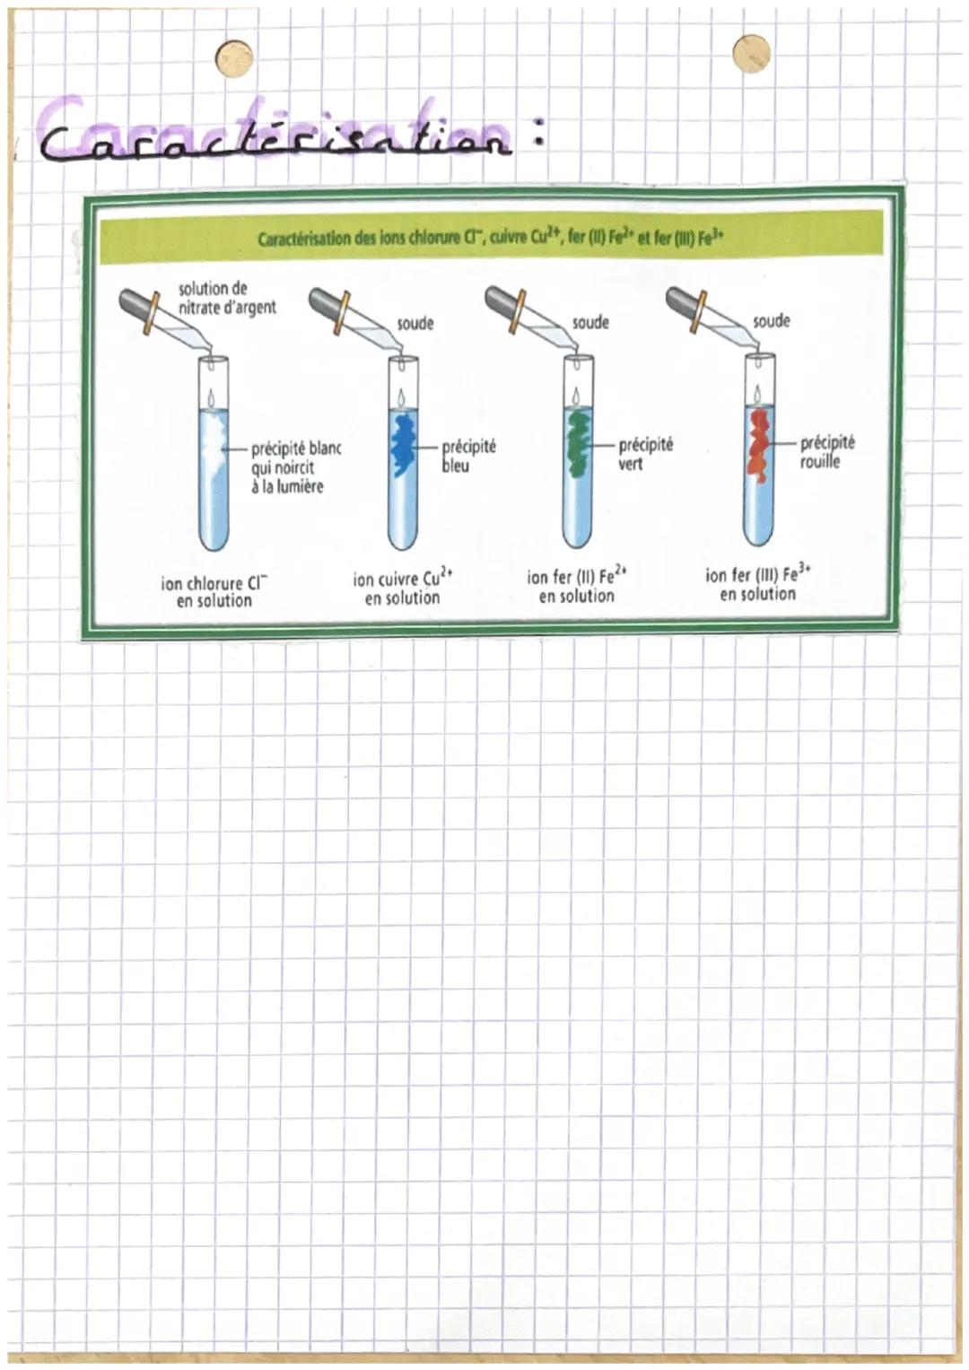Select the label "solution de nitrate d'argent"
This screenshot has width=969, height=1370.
click(x=227, y=298)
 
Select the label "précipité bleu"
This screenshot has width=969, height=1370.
click(x=468, y=456)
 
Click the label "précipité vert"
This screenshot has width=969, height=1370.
click(x=644, y=454)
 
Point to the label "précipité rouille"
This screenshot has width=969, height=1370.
click(x=826, y=451)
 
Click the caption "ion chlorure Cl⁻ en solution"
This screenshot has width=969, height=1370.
click(x=214, y=593)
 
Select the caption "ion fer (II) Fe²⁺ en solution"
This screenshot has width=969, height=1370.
click(x=577, y=586)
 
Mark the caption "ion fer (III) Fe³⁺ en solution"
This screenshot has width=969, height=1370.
click(x=758, y=584)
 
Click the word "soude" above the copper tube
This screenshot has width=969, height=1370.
click(x=415, y=323)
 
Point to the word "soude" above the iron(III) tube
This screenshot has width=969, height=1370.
click(x=772, y=320)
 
